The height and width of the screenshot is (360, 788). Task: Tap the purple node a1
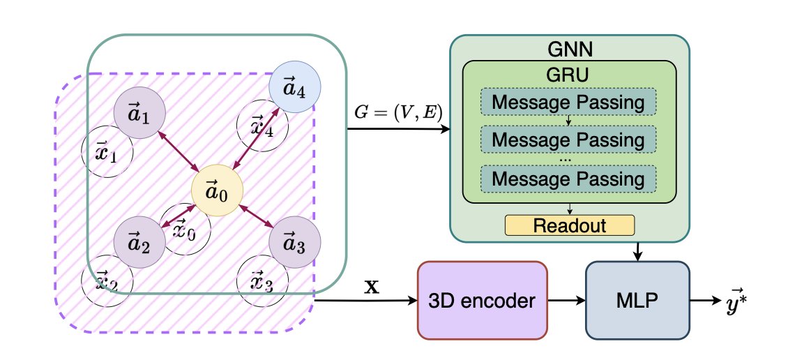tap(139, 113)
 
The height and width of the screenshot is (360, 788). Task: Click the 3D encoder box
tap(481, 300)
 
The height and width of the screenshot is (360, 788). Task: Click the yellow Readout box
tap(569, 225)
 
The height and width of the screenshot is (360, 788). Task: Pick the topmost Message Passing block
tap(568, 103)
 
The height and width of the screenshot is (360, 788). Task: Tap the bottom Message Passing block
tap(568, 179)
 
